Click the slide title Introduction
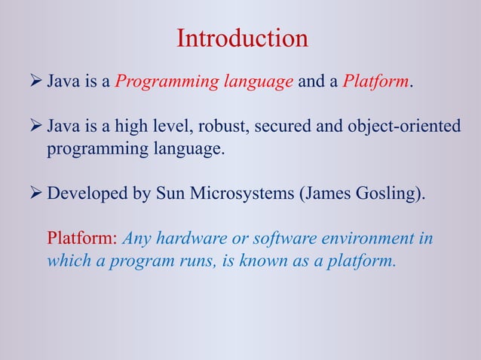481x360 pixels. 242,38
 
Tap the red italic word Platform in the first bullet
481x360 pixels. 375,81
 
